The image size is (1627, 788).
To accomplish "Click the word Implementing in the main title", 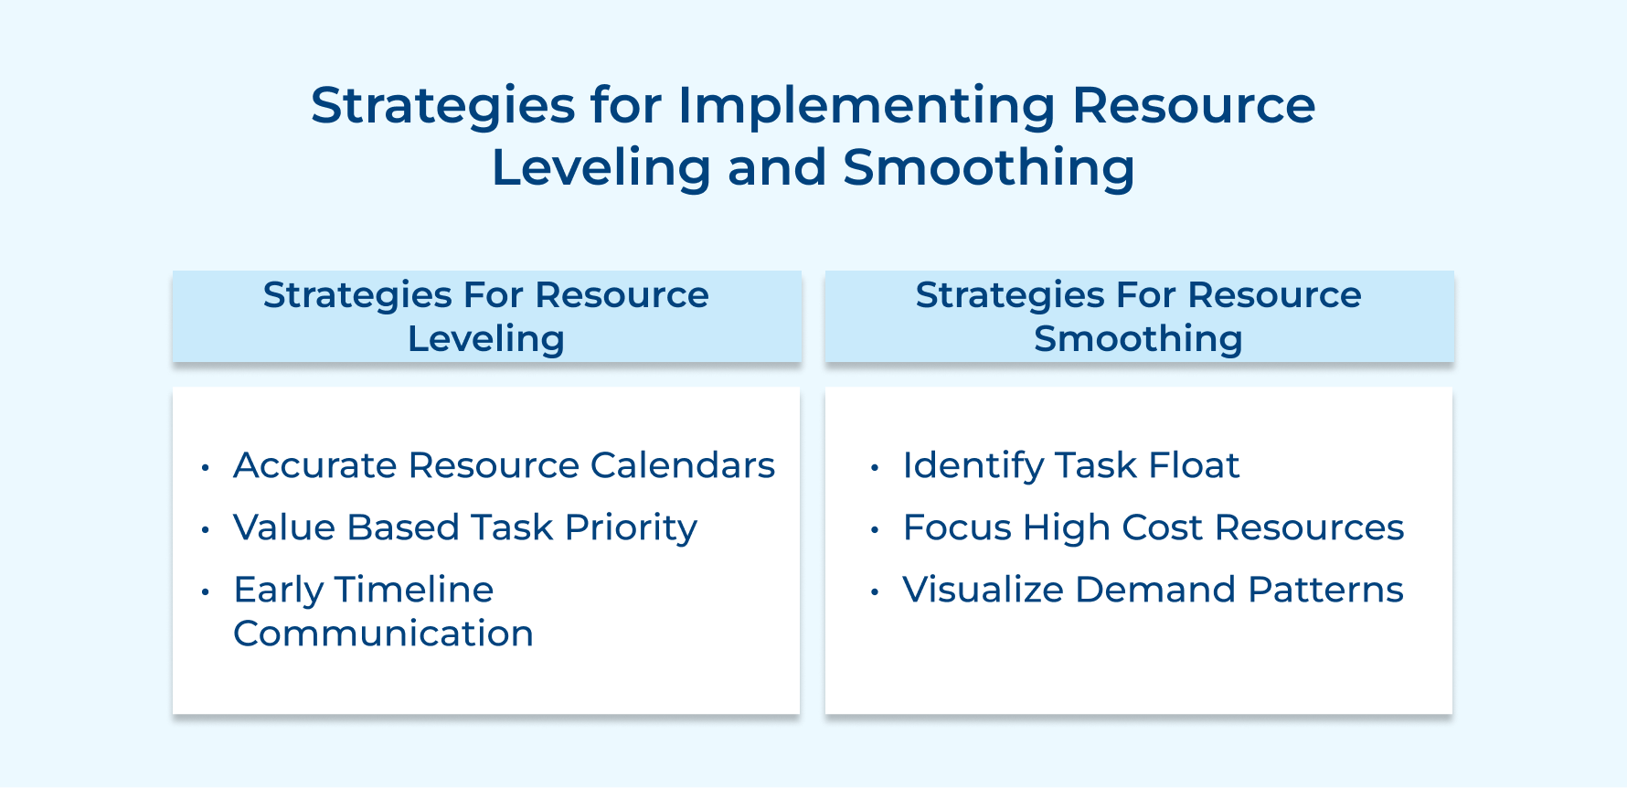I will [x=866, y=106].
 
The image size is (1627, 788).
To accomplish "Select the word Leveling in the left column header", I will [x=485, y=339].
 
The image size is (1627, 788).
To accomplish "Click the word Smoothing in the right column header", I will [x=1138, y=339].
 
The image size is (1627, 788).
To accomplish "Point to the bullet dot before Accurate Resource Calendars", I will [x=206, y=468].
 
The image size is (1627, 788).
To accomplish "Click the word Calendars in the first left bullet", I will [x=682, y=465].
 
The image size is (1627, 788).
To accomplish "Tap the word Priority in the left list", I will [x=631, y=528].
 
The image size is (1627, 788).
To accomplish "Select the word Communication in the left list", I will [x=383, y=634].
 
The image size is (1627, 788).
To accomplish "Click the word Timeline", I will [x=414, y=590].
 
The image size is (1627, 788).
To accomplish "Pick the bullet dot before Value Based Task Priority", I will [x=206, y=530].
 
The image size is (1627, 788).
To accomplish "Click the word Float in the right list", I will [x=1193, y=465].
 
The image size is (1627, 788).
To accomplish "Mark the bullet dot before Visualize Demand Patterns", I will [x=875, y=592].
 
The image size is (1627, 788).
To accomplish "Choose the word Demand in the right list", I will [x=1155, y=590].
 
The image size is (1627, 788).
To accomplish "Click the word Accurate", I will [x=315, y=465].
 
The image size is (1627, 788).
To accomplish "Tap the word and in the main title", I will [x=777, y=168].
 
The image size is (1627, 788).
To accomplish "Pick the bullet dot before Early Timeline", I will [x=206, y=592].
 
